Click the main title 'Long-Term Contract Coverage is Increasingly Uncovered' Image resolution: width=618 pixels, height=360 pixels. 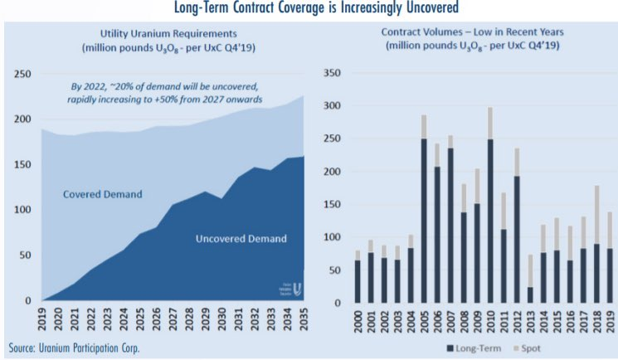point(309,9)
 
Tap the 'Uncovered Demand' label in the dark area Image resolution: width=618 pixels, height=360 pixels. point(241,239)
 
